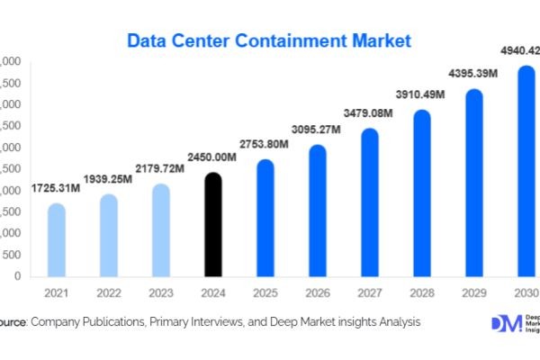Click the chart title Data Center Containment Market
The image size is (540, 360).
269,40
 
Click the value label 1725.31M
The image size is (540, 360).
56,190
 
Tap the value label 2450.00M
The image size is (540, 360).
212,157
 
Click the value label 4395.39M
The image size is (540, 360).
474,74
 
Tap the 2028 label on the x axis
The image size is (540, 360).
421,292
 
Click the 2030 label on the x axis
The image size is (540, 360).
526,292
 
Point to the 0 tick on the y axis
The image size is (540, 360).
17,276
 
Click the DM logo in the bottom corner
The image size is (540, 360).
505,324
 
